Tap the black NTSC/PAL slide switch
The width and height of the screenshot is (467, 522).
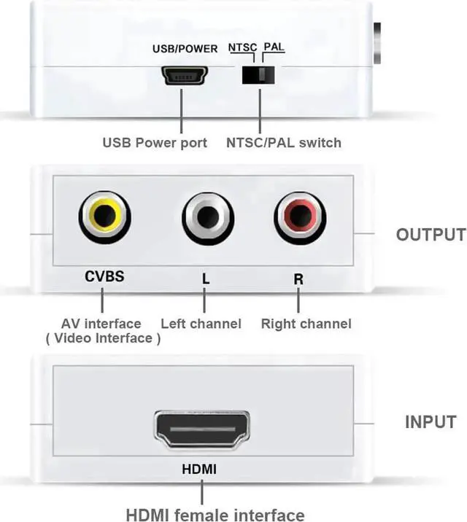pos(260,75)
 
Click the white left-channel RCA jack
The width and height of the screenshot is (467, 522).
pos(208,216)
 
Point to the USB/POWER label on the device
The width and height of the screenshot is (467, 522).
pos(185,49)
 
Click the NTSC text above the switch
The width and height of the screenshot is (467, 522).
pos(243,48)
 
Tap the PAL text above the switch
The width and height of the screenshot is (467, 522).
pos(274,48)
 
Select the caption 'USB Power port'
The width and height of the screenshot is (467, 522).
pos(154,142)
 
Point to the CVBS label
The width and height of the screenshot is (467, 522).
pos(105,277)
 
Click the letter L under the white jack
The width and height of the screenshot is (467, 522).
pos(205,278)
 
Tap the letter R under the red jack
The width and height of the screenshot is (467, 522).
pos(298,278)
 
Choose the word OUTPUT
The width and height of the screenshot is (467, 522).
pos(430,235)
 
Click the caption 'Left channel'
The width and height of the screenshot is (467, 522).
pos(201,323)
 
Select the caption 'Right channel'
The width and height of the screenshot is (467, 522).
pos(306,323)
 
